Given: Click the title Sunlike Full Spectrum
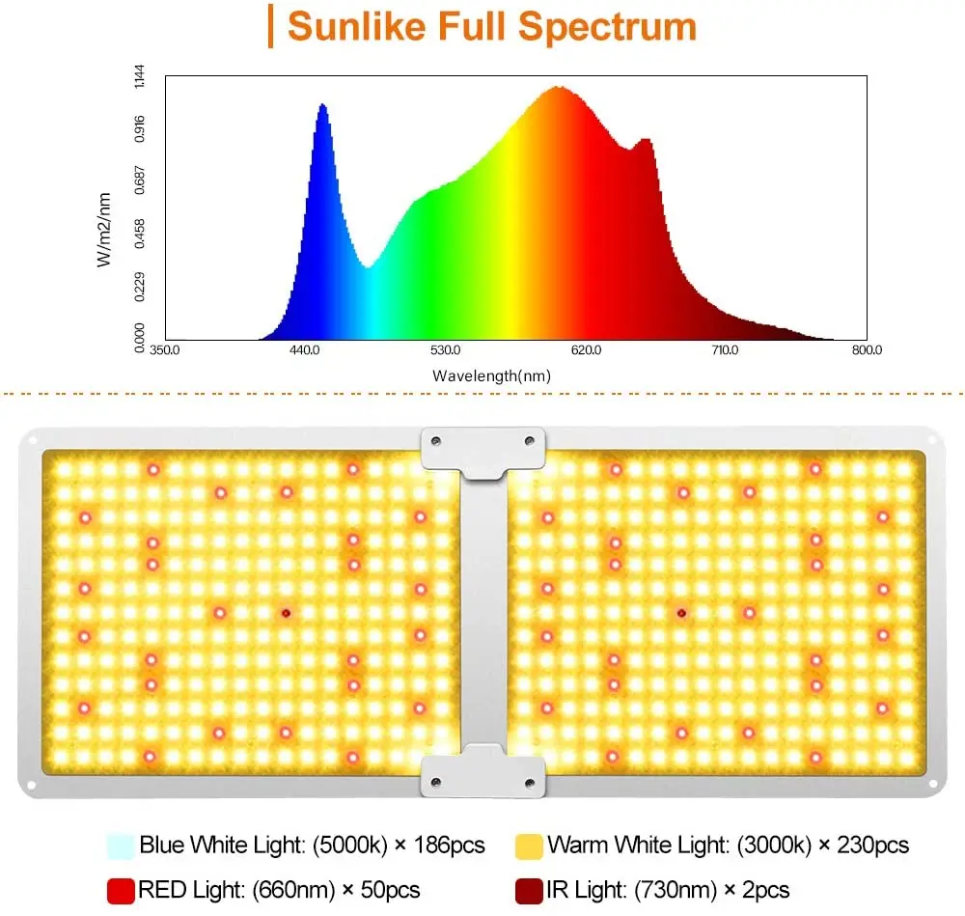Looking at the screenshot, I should [x=491, y=26].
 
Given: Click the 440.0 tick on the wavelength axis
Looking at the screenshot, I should [x=305, y=350].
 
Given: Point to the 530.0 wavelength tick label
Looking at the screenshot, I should [x=445, y=350].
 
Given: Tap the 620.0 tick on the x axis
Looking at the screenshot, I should [x=586, y=350].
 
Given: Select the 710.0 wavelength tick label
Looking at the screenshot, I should [x=725, y=350].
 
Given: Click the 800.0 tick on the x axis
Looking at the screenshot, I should [x=866, y=350].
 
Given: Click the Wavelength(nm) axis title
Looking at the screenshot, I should [x=492, y=376].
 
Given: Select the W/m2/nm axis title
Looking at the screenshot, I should [x=105, y=229].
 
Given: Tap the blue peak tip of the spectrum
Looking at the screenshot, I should [x=322, y=104].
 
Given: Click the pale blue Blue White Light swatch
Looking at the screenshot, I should [x=121, y=846].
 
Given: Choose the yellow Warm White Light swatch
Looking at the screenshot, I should [x=528, y=846].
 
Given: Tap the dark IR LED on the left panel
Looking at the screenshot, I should [x=286, y=612].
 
